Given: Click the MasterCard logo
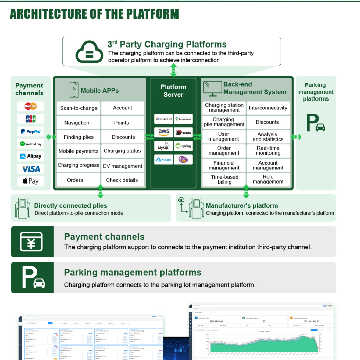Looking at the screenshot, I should pyautogui.click(x=30, y=106).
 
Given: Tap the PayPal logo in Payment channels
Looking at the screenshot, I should pyautogui.click(x=30, y=131).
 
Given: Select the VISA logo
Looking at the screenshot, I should pyautogui.click(x=30, y=169).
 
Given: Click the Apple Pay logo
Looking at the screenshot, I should pyautogui.click(x=30, y=181).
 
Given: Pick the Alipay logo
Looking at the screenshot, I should pyautogui.click(x=30, y=156).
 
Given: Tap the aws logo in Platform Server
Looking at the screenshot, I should pyautogui.click(x=164, y=132).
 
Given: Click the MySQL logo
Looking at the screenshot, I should pyautogui.click(x=163, y=146).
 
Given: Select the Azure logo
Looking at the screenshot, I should pyautogui.click(x=164, y=159).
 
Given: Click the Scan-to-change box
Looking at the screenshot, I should pyautogui.click(x=79, y=108).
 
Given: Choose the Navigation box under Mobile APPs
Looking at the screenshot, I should pyautogui.click(x=77, y=123).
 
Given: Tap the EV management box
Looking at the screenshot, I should pyautogui.click(x=123, y=166).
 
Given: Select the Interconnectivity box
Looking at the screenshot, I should pyautogui.click(x=268, y=108).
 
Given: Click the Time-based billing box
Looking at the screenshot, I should pyautogui.click(x=224, y=179).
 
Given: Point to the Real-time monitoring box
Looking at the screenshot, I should pyautogui.click(x=268, y=151).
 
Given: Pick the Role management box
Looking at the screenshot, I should pyautogui.click(x=268, y=179).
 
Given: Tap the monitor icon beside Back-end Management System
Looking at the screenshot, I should pyautogui.click(x=212, y=88).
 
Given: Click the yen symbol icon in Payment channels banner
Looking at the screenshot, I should pyautogui.click(x=31, y=242).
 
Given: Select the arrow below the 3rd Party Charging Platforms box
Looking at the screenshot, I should pyautogui.click(x=173, y=70).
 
